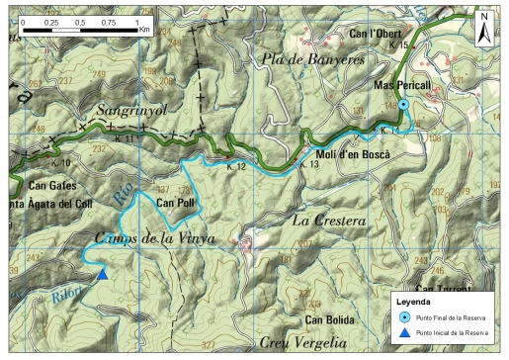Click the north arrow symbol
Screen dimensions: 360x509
[x=484, y=28]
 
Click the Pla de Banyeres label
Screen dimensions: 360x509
[x=313, y=60]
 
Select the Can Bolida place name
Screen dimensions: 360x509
[x=329, y=319]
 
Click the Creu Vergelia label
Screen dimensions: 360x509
[x=303, y=343]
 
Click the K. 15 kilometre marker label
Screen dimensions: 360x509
[x=398, y=45]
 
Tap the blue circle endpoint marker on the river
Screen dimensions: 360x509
[x=403, y=106]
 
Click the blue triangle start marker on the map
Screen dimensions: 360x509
[x=102, y=274]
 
